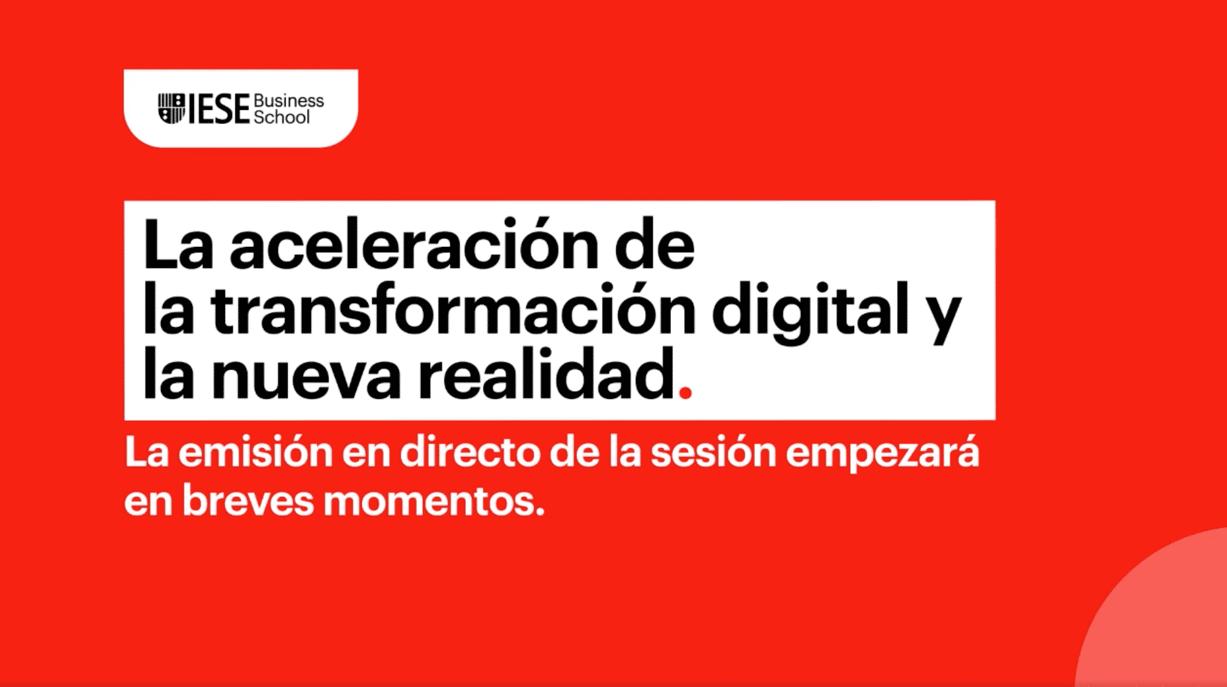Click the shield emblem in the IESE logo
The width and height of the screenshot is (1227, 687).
pos(171,109)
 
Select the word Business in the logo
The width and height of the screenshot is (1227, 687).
pos(289,101)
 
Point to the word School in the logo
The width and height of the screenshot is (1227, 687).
pos(282,117)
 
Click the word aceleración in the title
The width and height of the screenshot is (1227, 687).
pos(414,244)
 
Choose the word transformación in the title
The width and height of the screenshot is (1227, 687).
pos(453,310)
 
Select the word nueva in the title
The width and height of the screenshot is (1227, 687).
pos(306,378)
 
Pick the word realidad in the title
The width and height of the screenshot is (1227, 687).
pos(547,373)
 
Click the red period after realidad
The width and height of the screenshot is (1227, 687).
pos(686,392)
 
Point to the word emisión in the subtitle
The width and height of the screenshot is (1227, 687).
pos(255,452)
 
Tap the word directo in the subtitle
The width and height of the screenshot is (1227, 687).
pos(471,452)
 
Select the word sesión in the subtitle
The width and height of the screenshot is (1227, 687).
pos(713,452)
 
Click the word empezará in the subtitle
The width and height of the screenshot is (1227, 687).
pos(882,455)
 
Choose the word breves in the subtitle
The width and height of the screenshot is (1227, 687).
pos(248,500)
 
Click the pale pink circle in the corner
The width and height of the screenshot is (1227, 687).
pos(1157,614)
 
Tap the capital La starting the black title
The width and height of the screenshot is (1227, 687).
pos(178,244)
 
